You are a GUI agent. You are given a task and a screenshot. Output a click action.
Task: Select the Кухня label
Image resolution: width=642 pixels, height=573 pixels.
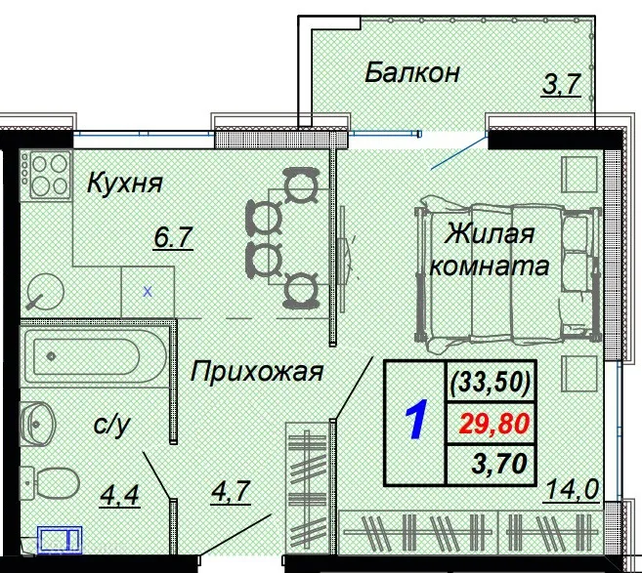pos(124,183)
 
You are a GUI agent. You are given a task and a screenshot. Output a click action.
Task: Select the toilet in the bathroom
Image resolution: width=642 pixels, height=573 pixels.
pos(55,481)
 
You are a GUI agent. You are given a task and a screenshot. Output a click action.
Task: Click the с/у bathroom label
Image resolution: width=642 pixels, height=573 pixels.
pos(110,426)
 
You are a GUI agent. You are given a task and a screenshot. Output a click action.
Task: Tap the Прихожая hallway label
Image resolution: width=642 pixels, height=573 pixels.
pos(256,371)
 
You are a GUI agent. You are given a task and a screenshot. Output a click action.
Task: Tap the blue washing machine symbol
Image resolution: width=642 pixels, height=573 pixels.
pos(61,539)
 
